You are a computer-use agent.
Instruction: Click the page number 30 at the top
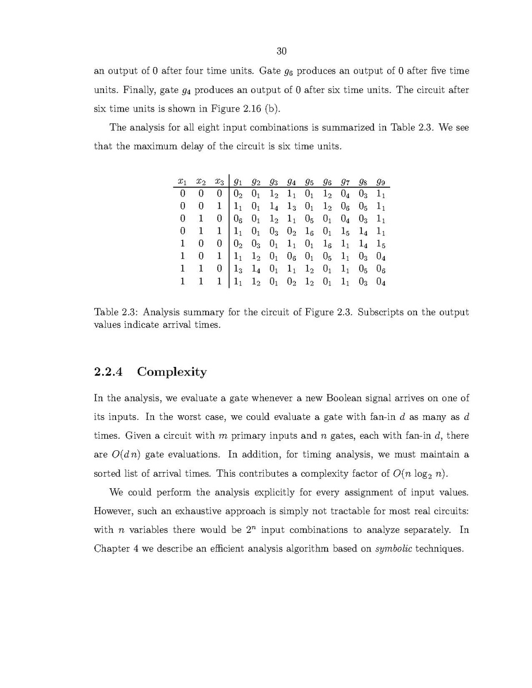[x=282, y=51]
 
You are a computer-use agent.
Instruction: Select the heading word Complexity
[x=172, y=372]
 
